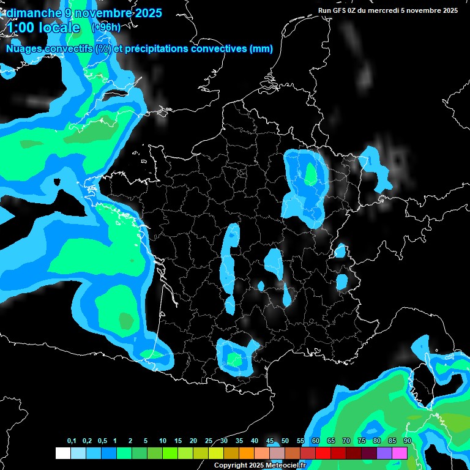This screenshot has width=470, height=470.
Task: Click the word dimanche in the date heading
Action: click(x=31, y=13)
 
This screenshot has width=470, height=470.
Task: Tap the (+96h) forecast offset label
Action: click(x=106, y=28)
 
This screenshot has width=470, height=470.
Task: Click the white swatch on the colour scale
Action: click(x=62, y=453)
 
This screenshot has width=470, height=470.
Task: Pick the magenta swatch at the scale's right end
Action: click(x=399, y=453)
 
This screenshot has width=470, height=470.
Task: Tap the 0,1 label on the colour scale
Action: click(x=72, y=441)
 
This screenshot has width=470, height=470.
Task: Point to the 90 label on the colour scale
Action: click(x=407, y=441)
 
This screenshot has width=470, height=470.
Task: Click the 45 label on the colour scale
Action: click(x=270, y=441)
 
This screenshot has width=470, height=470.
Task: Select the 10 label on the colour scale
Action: click(x=162, y=441)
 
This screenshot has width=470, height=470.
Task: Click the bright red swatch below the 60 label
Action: click(x=323, y=453)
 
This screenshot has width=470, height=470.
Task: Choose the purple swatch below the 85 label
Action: click(x=384, y=453)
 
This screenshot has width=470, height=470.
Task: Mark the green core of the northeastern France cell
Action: click(x=311, y=175)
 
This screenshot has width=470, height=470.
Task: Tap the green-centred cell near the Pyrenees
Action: click(x=234, y=359)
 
